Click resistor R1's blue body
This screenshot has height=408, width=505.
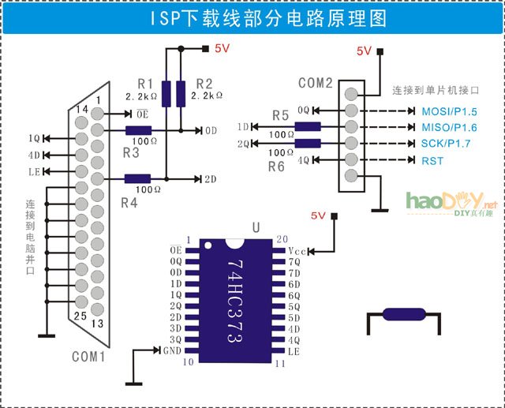166,92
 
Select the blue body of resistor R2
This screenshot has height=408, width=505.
181,92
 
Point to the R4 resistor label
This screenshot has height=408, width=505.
129,203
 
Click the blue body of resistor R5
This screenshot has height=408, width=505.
308,127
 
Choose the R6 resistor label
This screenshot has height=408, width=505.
275,167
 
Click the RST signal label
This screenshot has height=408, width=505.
432,161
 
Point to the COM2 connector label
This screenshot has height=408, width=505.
315,83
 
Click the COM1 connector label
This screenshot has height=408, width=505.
88,356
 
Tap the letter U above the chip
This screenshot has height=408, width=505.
255,228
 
